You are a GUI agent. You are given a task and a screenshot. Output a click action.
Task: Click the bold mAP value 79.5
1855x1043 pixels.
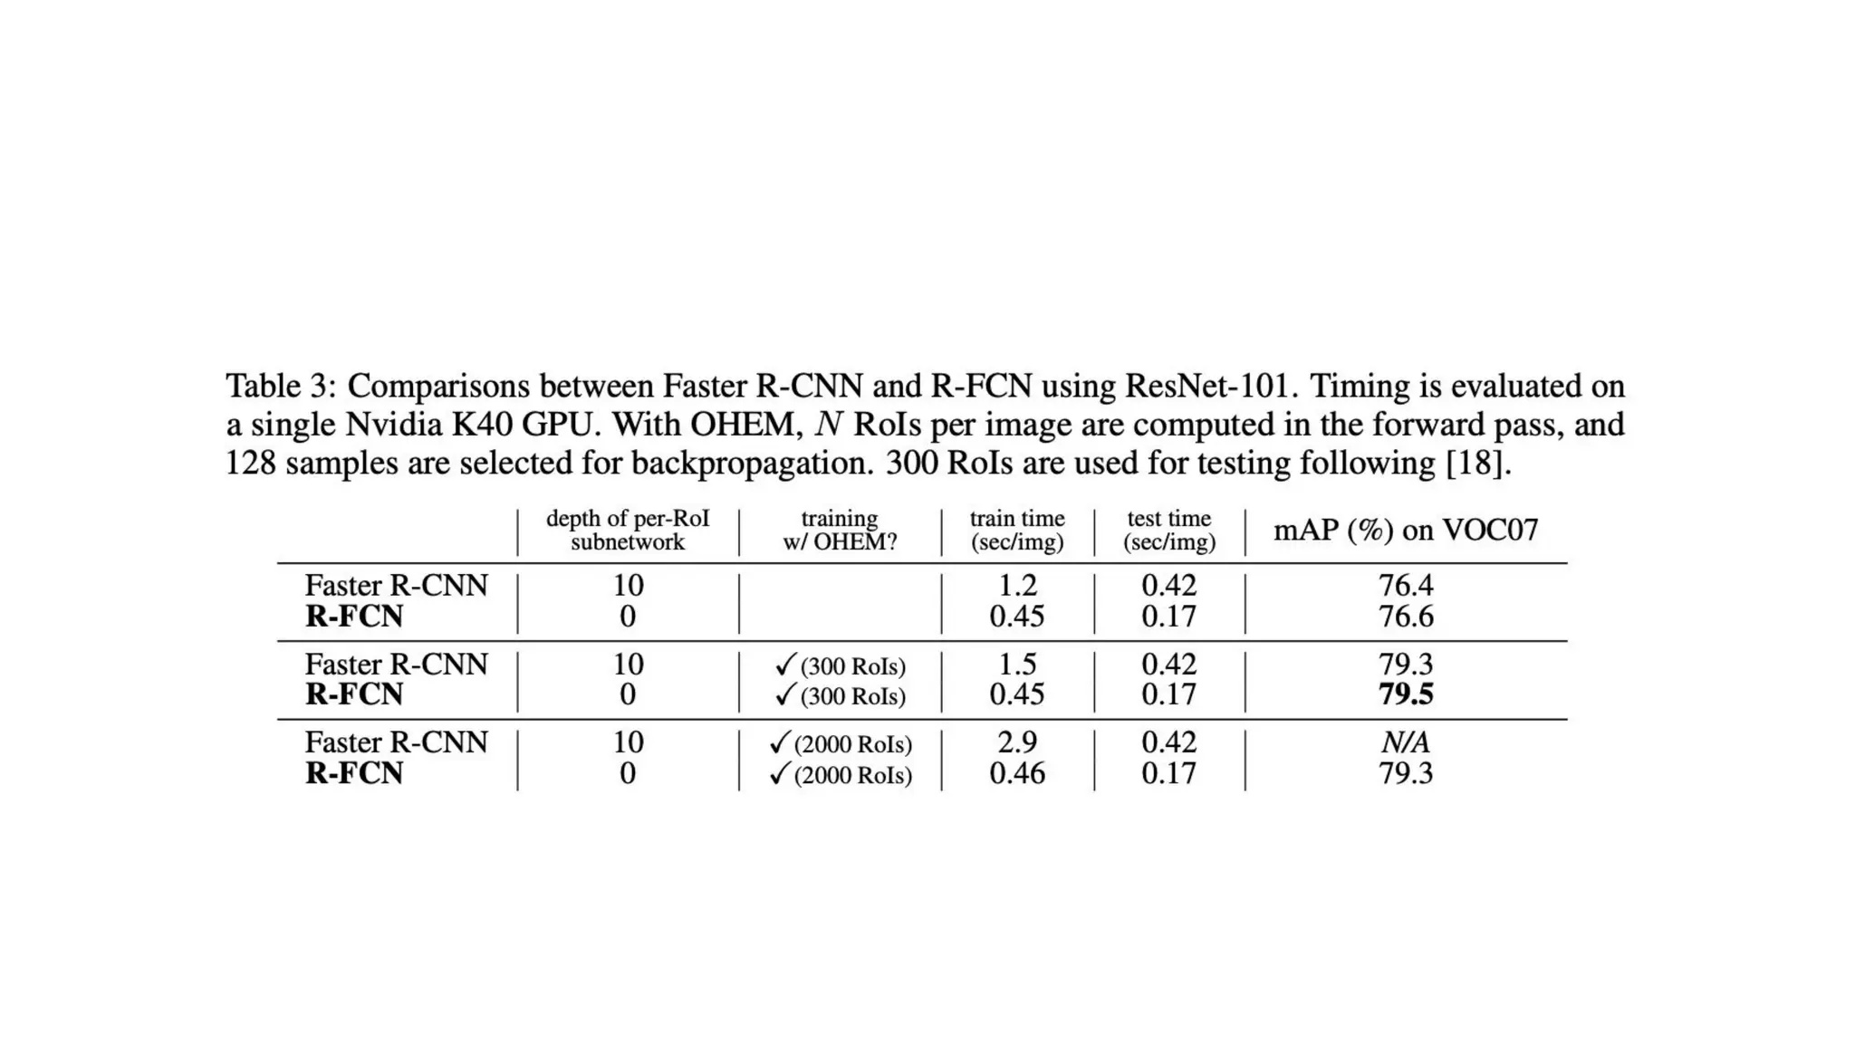[x=1406, y=694]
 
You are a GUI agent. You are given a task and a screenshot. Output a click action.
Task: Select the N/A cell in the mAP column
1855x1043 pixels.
[x=1406, y=743]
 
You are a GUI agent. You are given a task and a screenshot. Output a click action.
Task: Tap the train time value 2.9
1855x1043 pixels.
[x=1017, y=742]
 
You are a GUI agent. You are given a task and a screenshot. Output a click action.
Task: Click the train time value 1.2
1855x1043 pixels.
[x=1017, y=586]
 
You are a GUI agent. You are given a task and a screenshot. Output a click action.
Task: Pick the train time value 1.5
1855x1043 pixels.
[x=1017, y=665]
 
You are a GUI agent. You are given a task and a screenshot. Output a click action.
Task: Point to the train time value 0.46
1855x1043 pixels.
[x=1017, y=773]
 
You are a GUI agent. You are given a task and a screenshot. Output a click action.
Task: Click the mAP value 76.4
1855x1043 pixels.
[x=1406, y=586]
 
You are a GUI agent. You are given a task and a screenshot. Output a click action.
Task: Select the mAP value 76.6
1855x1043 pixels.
[x=1406, y=617]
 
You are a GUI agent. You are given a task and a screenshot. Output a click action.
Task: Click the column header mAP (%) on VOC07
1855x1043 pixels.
[x=1406, y=530]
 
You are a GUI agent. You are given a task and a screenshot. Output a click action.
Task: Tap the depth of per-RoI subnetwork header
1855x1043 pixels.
[x=628, y=531]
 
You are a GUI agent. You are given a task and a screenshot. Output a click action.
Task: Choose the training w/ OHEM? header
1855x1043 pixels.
[x=840, y=531]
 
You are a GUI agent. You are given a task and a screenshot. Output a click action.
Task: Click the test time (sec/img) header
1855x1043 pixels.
[x=1169, y=531]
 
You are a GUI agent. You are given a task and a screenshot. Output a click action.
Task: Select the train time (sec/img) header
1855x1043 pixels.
[x=1017, y=531]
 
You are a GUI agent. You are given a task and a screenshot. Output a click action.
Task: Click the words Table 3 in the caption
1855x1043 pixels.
[x=275, y=387]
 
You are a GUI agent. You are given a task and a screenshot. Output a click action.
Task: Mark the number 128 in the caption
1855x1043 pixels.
[x=250, y=464]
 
